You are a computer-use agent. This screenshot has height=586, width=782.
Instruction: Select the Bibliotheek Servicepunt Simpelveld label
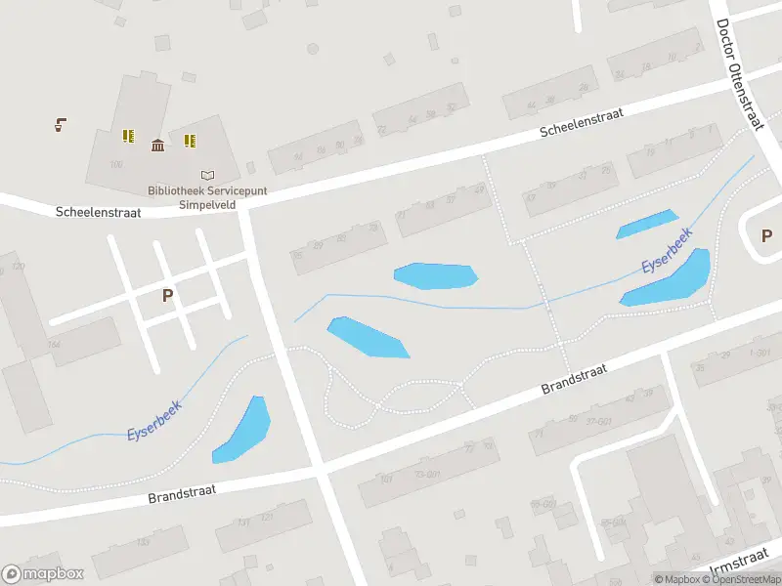pyautogui.click(x=207, y=198)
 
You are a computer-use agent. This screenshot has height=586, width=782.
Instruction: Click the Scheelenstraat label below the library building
pyautogui.click(x=98, y=211)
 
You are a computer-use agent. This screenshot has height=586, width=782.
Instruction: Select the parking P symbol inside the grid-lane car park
pyautogui.click(x=167, y=295)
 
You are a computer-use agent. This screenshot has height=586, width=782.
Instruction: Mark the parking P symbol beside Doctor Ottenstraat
pyautogui.click(x=766, y=234)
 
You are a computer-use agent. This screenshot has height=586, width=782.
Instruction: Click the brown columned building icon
pyautogui.click(x=157, y=146)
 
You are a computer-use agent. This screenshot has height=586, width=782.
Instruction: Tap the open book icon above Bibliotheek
pyautogui.click(x=206, y=175)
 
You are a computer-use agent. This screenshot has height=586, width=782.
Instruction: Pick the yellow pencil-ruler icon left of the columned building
pyautogui.click(x=127, y=136)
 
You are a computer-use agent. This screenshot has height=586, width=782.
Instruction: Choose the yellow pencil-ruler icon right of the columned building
pyautogui.click(x=190, y=141)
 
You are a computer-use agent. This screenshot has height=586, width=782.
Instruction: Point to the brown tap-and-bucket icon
pyautogui.click(x=61, y=124)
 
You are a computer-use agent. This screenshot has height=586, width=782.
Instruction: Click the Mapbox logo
pyautogui.click(x=43, y=574)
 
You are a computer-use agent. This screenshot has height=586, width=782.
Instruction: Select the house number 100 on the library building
pyautogui.click(x=116, y=164)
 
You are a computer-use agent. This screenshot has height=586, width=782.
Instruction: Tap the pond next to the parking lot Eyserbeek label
pyautogui.click(x=242, y=430)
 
